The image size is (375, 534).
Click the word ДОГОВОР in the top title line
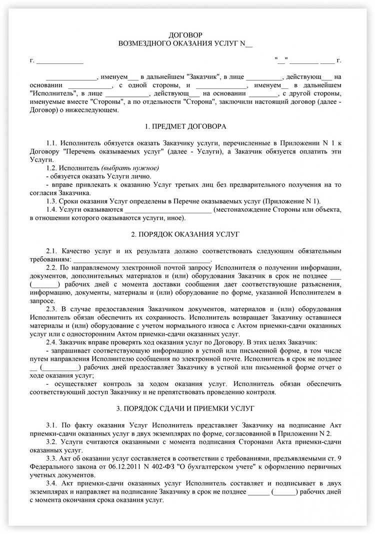[x=185, y=34]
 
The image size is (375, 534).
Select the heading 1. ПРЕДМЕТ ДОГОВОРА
[x=185, y=126]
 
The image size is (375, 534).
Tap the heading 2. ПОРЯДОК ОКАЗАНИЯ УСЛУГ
[x=185, y=234]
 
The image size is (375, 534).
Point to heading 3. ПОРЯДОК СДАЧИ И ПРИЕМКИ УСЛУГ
[x=185, y=408]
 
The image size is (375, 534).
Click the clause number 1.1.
[x=52, y=143]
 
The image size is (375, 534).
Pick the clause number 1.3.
[x=52, y=200]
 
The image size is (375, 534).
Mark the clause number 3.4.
[x=52, y=484]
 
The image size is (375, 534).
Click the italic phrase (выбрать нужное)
[x=130, y=167]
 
